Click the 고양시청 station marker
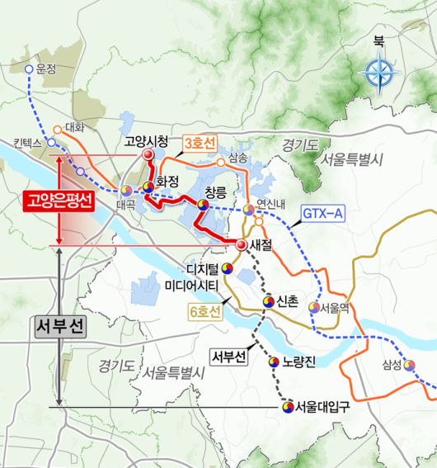pos(148,155)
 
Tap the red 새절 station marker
pos(242,245)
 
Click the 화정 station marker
pos(148,187)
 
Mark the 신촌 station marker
pos(268,303)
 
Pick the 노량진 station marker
pos(275,362)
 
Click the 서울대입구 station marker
pos(286,406)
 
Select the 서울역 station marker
pos(313,307)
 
